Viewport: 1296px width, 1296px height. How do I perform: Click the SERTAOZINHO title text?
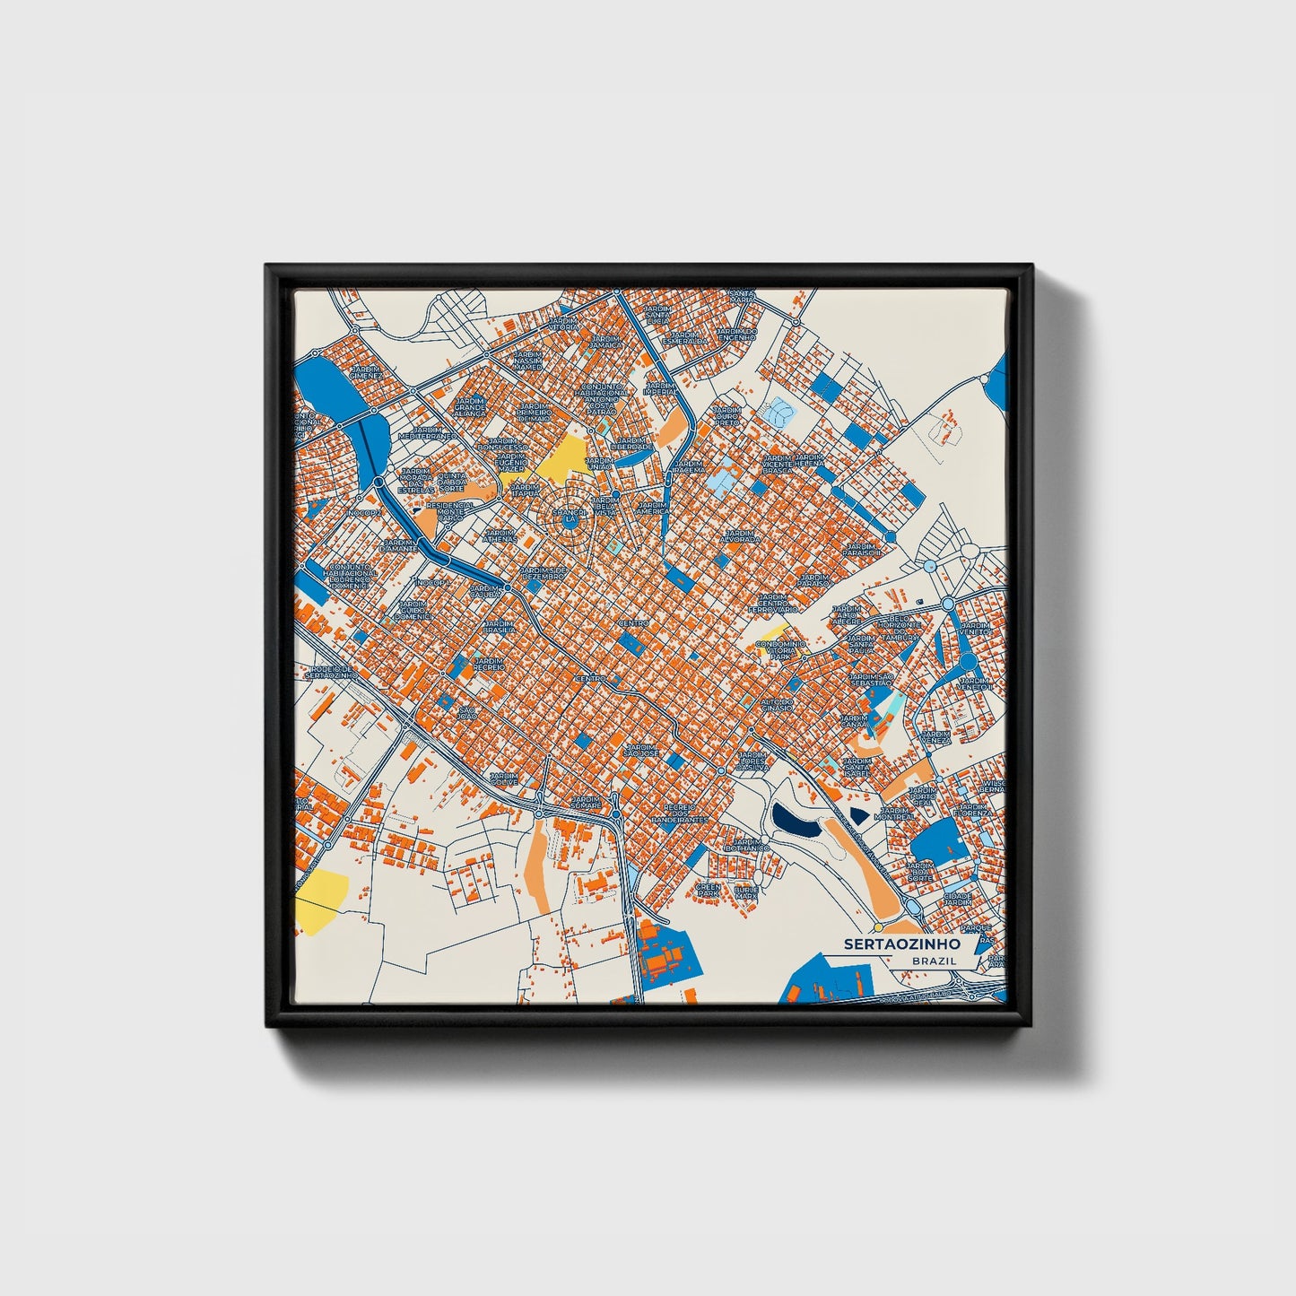click(x=901, y=944)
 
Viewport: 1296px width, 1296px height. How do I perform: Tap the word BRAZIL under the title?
click(x=934, y=961)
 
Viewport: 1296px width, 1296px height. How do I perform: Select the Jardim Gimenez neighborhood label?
click(x=366, y=372)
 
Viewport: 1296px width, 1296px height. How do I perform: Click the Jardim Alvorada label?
click(x=741, y=536)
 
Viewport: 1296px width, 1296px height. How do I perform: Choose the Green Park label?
click(x=709, y=891)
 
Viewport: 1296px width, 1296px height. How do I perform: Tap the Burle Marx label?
click(x=746, y=892)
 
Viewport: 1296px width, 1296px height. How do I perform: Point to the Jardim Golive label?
click(x=503, y=779)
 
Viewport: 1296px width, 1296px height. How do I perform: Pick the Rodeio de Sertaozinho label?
click(x=332, y=671)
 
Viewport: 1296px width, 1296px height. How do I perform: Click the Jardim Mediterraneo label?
click(x=428, y=432)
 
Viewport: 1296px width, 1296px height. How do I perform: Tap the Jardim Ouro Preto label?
click(x=726, y=417)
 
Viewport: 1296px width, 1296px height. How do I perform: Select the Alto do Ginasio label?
click(x=777, y=704)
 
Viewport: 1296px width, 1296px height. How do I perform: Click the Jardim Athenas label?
click(x=500, y=535)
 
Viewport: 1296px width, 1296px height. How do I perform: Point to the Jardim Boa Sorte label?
click(x=920, y=871)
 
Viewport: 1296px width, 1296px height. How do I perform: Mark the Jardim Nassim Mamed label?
click(x=527, y=361)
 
